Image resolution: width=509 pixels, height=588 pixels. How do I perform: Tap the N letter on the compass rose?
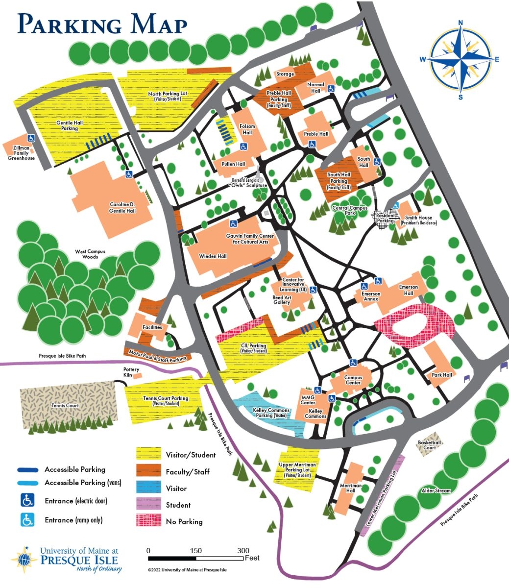[461, 22]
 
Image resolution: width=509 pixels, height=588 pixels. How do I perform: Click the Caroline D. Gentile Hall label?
[122, 207]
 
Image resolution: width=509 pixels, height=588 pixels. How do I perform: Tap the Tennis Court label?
[65, 406]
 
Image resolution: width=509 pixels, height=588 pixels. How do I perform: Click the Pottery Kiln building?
[138, 375]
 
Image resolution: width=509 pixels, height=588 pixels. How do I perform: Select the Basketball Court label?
[430, 445]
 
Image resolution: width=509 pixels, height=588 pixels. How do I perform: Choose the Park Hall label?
[441, 375]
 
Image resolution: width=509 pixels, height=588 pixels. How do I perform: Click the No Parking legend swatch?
[148, 521]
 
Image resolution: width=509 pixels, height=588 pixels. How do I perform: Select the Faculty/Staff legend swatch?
[148, 471]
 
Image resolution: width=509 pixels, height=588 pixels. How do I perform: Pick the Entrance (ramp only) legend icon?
[27, 520]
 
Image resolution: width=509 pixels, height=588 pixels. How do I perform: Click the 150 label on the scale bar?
[196, 551]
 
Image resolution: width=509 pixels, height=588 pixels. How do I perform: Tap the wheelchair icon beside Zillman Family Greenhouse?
[30, 138]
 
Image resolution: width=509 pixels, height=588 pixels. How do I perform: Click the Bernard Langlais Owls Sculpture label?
[248, 183]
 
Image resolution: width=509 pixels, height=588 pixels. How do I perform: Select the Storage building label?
[285, 74]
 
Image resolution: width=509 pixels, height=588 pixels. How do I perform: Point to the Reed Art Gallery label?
[282, 300]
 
